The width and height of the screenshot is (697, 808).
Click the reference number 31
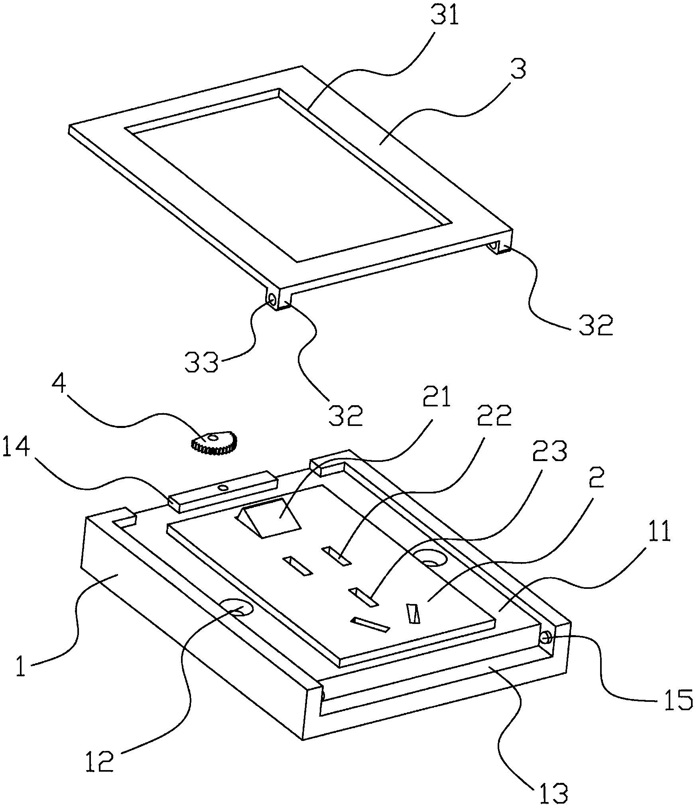tap(446, 17)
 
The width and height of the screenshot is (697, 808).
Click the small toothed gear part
tap(215, 443)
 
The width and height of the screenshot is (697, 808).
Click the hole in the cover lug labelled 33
tap(272, 298)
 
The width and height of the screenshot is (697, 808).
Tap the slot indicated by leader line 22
tap(337, 556)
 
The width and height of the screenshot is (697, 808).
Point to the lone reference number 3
tap(518, 70)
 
